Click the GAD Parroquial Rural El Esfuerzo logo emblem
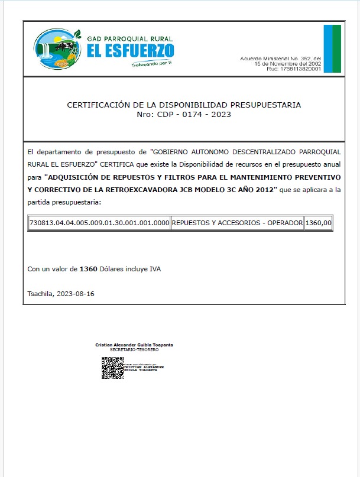click(x=56, y=48)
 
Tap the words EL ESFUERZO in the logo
click(x=130, y=50)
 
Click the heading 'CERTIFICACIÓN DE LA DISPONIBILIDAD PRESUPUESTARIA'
click(x=183, y=105)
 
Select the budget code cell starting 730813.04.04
click(x=99, y=223)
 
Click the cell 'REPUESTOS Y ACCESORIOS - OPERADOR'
click(x=236, y=223)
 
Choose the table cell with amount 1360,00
click(x=319, y=223)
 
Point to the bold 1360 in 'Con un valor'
click(x=88, y=270)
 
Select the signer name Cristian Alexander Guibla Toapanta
click(x=134, y=345)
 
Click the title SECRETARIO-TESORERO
click(x=134, y=349)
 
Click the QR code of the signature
click(x=112, y=368)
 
